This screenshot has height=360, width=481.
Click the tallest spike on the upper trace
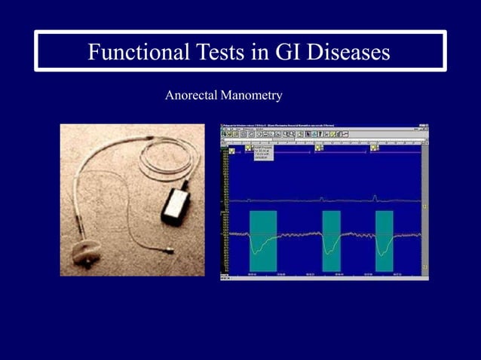375,197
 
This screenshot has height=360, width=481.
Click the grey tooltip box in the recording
264,153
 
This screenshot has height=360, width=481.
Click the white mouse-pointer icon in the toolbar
307,133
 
